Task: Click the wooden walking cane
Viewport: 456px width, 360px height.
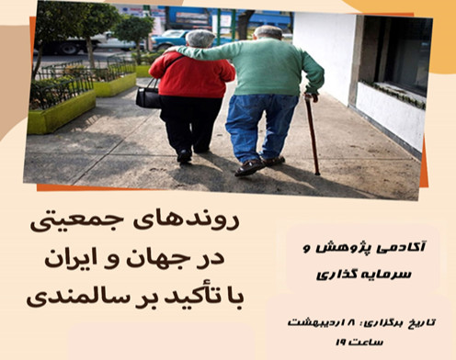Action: (313, 133)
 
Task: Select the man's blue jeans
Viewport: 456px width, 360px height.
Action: (264, 124)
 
